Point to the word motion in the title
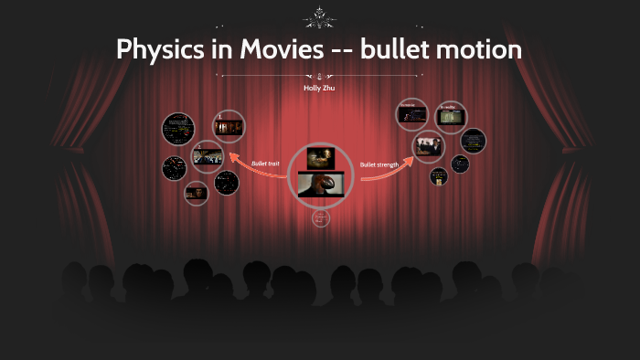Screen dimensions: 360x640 (x=483, y=49)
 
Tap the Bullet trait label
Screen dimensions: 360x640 (x=265, y=164)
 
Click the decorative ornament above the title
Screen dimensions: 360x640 (x=320, y=16)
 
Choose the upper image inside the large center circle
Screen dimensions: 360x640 (x=320, y=158)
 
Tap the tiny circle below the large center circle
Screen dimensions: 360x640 (x=320, y=218)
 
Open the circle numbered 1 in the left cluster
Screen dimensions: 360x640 (x=229, y=125)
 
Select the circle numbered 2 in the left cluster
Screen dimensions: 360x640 (x=208, y=156)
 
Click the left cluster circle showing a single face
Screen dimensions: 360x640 (x=197, y=192)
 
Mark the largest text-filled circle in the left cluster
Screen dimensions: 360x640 (x=176, y=130)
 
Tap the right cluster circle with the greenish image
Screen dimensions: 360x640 (x=450, y=117)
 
